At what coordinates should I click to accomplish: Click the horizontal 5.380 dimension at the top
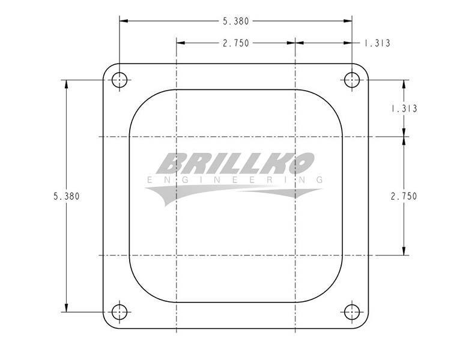(x=235, y=21)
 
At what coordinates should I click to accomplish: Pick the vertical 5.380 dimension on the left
(x=67, y=196)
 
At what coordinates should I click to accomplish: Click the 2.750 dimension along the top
(x=235, y=43)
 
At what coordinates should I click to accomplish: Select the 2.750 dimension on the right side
(x=404, y=196)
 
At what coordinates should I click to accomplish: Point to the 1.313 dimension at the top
(x=377, y=43)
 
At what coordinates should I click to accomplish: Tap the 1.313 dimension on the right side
(x=404, y=109)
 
